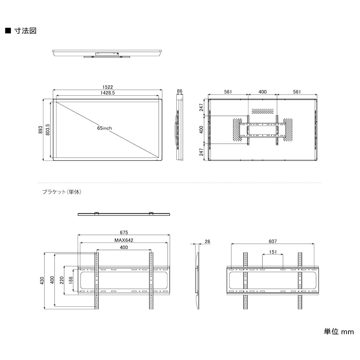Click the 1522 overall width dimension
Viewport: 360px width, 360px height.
[x=107, y=87]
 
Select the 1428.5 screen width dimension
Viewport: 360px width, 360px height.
[x=107, y=93]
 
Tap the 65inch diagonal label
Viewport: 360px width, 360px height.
[x=104, y=128]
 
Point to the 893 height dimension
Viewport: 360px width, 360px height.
[x=41, y=130]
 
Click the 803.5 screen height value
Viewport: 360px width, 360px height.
[x=48, y=130]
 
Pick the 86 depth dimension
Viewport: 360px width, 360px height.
[x=180, y=91]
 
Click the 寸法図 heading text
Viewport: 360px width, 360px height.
[x=25, y=31]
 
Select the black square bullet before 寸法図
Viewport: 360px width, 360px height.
[x=8, y=31]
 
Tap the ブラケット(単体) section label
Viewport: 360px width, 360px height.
[x=62, y=192]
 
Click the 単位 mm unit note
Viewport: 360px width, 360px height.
[x=339, y=332]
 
